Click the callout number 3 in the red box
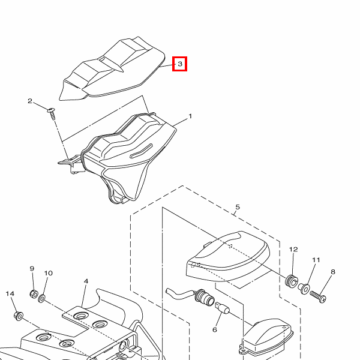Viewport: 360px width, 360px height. pos(180,64)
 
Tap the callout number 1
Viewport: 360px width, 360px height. pos(190,116)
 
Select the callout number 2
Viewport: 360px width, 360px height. pos(30,101)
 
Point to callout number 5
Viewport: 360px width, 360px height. pos(238,207)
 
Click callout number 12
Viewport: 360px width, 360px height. pos(293,250)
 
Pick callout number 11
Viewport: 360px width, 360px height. pos(316,260)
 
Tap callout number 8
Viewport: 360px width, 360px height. pos(333,272)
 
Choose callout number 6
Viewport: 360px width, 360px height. pos(215,330)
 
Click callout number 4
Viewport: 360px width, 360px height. pos(86,281)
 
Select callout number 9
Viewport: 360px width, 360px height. pos(32,269)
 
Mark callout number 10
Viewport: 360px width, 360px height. pos(48,273)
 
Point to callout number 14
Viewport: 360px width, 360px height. pos(10,293)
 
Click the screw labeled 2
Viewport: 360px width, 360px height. pos(52,113)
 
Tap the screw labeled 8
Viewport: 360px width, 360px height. pos(318,296)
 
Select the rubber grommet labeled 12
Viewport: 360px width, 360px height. pos(292,281)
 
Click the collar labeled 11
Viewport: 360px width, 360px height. pos(304,289)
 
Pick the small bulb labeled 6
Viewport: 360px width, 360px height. pos(222,308)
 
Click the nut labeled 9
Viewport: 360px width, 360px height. pos(34,294)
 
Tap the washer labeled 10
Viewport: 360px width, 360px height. pos(41,298)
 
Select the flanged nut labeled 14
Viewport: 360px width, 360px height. pos(19,316)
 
